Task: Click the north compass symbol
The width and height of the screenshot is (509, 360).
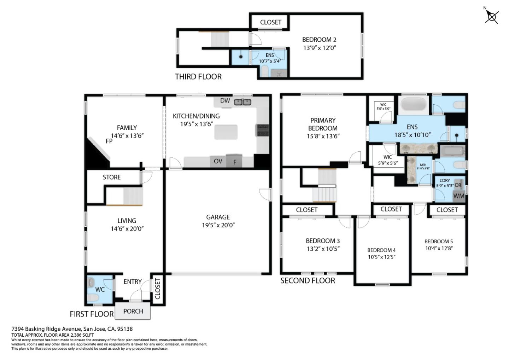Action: point(492,16)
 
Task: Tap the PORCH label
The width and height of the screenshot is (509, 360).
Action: point(133,311)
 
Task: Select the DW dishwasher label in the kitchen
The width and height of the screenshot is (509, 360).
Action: point(225,101)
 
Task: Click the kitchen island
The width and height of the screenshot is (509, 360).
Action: point(226,132)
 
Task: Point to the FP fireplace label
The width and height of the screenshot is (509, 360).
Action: point(109,141)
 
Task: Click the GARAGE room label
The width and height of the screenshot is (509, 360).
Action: point(218,217)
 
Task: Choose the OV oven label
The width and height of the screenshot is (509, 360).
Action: point(218,161)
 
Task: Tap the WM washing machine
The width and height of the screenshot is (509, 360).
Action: point(458,196)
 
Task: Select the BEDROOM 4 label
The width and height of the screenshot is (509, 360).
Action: point(381,250)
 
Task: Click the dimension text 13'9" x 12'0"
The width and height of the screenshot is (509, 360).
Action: point(320,48)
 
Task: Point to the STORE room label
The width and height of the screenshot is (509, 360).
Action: point(112,177)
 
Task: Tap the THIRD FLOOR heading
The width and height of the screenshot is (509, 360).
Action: point(198,77)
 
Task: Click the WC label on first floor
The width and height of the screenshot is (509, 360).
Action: point(100,289)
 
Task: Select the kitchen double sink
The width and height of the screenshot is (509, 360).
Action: point(242,102)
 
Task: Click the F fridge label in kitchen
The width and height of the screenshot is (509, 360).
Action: point(235,162)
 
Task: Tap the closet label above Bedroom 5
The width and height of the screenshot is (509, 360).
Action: point(447,210)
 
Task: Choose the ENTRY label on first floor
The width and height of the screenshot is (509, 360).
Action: point(133,281)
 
